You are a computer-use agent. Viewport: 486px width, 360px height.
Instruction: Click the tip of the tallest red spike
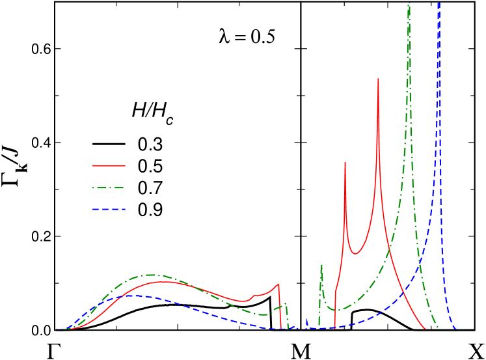tap(378, 79)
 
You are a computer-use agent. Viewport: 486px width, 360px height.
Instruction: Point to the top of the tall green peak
tap(409, 4)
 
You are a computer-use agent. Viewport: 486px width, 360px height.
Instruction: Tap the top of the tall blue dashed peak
tap(440, 3)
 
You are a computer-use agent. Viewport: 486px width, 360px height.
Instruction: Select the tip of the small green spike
tap(321, 264)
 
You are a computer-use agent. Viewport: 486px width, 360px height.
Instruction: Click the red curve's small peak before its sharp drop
tap(278, 284)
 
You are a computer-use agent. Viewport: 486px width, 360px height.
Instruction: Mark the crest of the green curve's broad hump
tap(152, 275)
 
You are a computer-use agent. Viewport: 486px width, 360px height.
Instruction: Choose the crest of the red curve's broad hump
tap(168, 282)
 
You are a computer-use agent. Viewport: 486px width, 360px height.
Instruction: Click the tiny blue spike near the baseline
tap(306, 320)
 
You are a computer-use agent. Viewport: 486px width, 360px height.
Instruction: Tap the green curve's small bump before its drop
tap(285, 304)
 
